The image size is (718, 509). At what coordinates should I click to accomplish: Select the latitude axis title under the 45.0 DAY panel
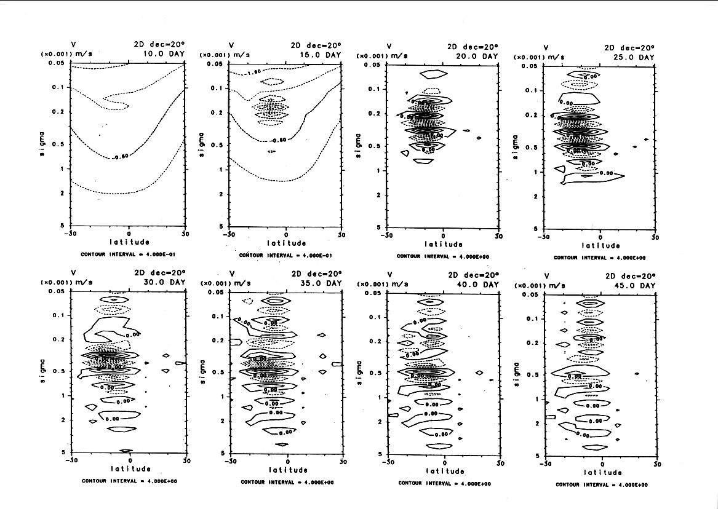(602, 472)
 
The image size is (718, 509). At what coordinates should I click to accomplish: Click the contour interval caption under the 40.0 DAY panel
(444, 483)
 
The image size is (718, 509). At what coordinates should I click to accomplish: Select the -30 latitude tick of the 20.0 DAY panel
(386, 235)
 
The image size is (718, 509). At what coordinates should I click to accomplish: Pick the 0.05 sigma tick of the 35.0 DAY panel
(216, 293)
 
